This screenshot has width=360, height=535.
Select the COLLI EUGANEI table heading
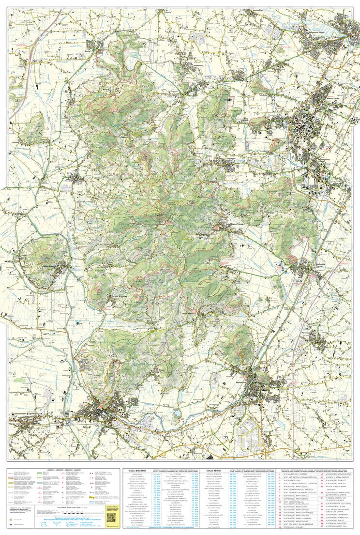tap(135, 470)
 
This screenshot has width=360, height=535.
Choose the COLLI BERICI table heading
tap(213, 470)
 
